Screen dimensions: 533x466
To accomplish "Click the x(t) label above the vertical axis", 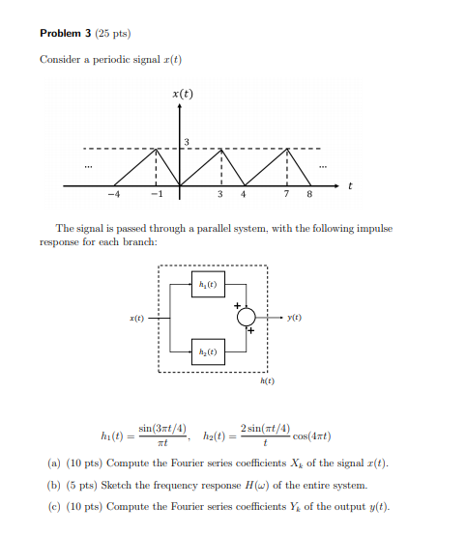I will tap(181, 94).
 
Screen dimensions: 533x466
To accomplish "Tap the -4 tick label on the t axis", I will tap(113, 195).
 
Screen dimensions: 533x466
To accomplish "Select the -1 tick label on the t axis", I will tap(155, 195).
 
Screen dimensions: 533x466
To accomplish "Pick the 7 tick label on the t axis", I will tap(287, 195).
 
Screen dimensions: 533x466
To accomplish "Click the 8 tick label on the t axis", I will tap(308, 195).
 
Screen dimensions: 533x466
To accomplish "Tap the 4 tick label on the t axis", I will tap(243, 195).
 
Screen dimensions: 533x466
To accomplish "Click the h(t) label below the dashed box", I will tap(267, 382).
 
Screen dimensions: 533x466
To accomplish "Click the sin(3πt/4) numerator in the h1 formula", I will tap(163, 428).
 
